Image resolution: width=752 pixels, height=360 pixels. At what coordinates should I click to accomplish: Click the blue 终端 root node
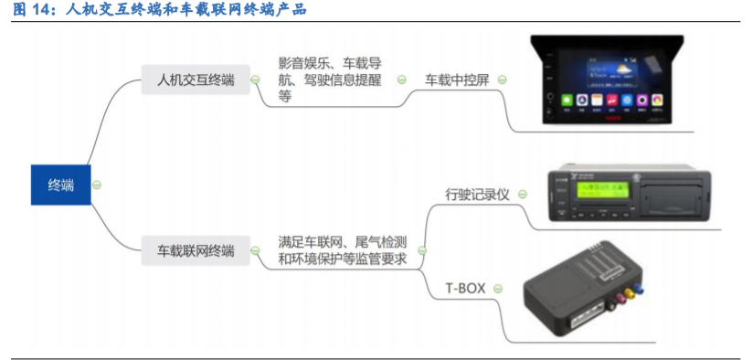60,185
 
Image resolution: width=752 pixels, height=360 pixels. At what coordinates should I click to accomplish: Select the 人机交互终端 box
196,80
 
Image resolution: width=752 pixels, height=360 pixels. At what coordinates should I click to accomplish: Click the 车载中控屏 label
457,80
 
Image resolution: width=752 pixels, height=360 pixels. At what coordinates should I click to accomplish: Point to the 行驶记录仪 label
477,195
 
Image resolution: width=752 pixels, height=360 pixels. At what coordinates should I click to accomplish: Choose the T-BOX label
465,288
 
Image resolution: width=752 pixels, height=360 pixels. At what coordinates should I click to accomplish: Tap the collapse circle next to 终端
98,185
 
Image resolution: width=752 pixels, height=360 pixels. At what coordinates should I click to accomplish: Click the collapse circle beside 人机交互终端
252,80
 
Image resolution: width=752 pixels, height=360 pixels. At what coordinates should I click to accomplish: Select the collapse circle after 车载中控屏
501,80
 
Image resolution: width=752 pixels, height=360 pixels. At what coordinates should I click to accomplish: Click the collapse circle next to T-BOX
498,288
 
